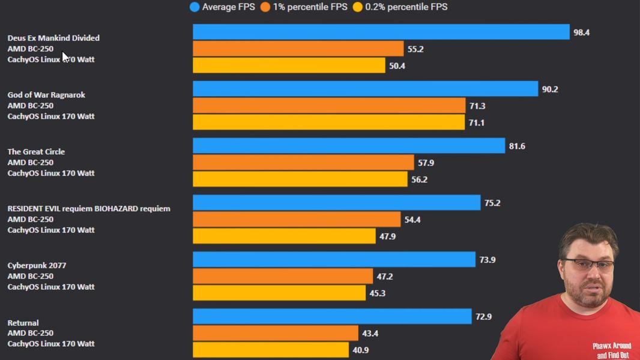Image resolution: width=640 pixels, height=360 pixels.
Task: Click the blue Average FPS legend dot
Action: (195, 7)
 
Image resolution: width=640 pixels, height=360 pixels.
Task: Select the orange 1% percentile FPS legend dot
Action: (265, 7)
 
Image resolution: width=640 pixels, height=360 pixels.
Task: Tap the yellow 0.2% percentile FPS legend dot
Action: (358, 7)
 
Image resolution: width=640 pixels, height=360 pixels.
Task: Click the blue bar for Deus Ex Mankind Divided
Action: (381, 32)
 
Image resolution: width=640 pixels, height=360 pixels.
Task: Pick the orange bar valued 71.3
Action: (329, 106)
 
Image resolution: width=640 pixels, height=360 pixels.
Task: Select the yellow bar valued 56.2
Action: (300, 179)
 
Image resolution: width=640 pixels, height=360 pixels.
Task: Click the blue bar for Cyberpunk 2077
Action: (334, 259)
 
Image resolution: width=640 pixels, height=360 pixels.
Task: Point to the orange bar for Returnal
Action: (276, 332)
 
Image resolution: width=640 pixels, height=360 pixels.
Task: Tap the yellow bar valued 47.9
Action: (284, 236)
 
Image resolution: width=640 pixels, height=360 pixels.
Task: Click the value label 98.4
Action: (581, 32)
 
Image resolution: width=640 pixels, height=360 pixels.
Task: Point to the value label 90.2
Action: (550, 89)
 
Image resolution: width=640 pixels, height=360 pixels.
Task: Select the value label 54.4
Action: (412, 220)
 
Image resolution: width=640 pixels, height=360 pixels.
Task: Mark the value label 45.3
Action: (377, 293)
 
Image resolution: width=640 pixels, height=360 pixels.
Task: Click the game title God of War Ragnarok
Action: (46, 95)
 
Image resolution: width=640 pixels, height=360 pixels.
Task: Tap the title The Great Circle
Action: (36, 152)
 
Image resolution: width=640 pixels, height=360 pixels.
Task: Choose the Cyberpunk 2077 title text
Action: (37, 265)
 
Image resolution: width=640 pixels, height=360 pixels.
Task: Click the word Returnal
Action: (23, 322)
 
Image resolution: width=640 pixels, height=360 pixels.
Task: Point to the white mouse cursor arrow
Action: (65, 57)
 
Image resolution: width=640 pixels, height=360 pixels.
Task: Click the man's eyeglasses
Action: (588, 266)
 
